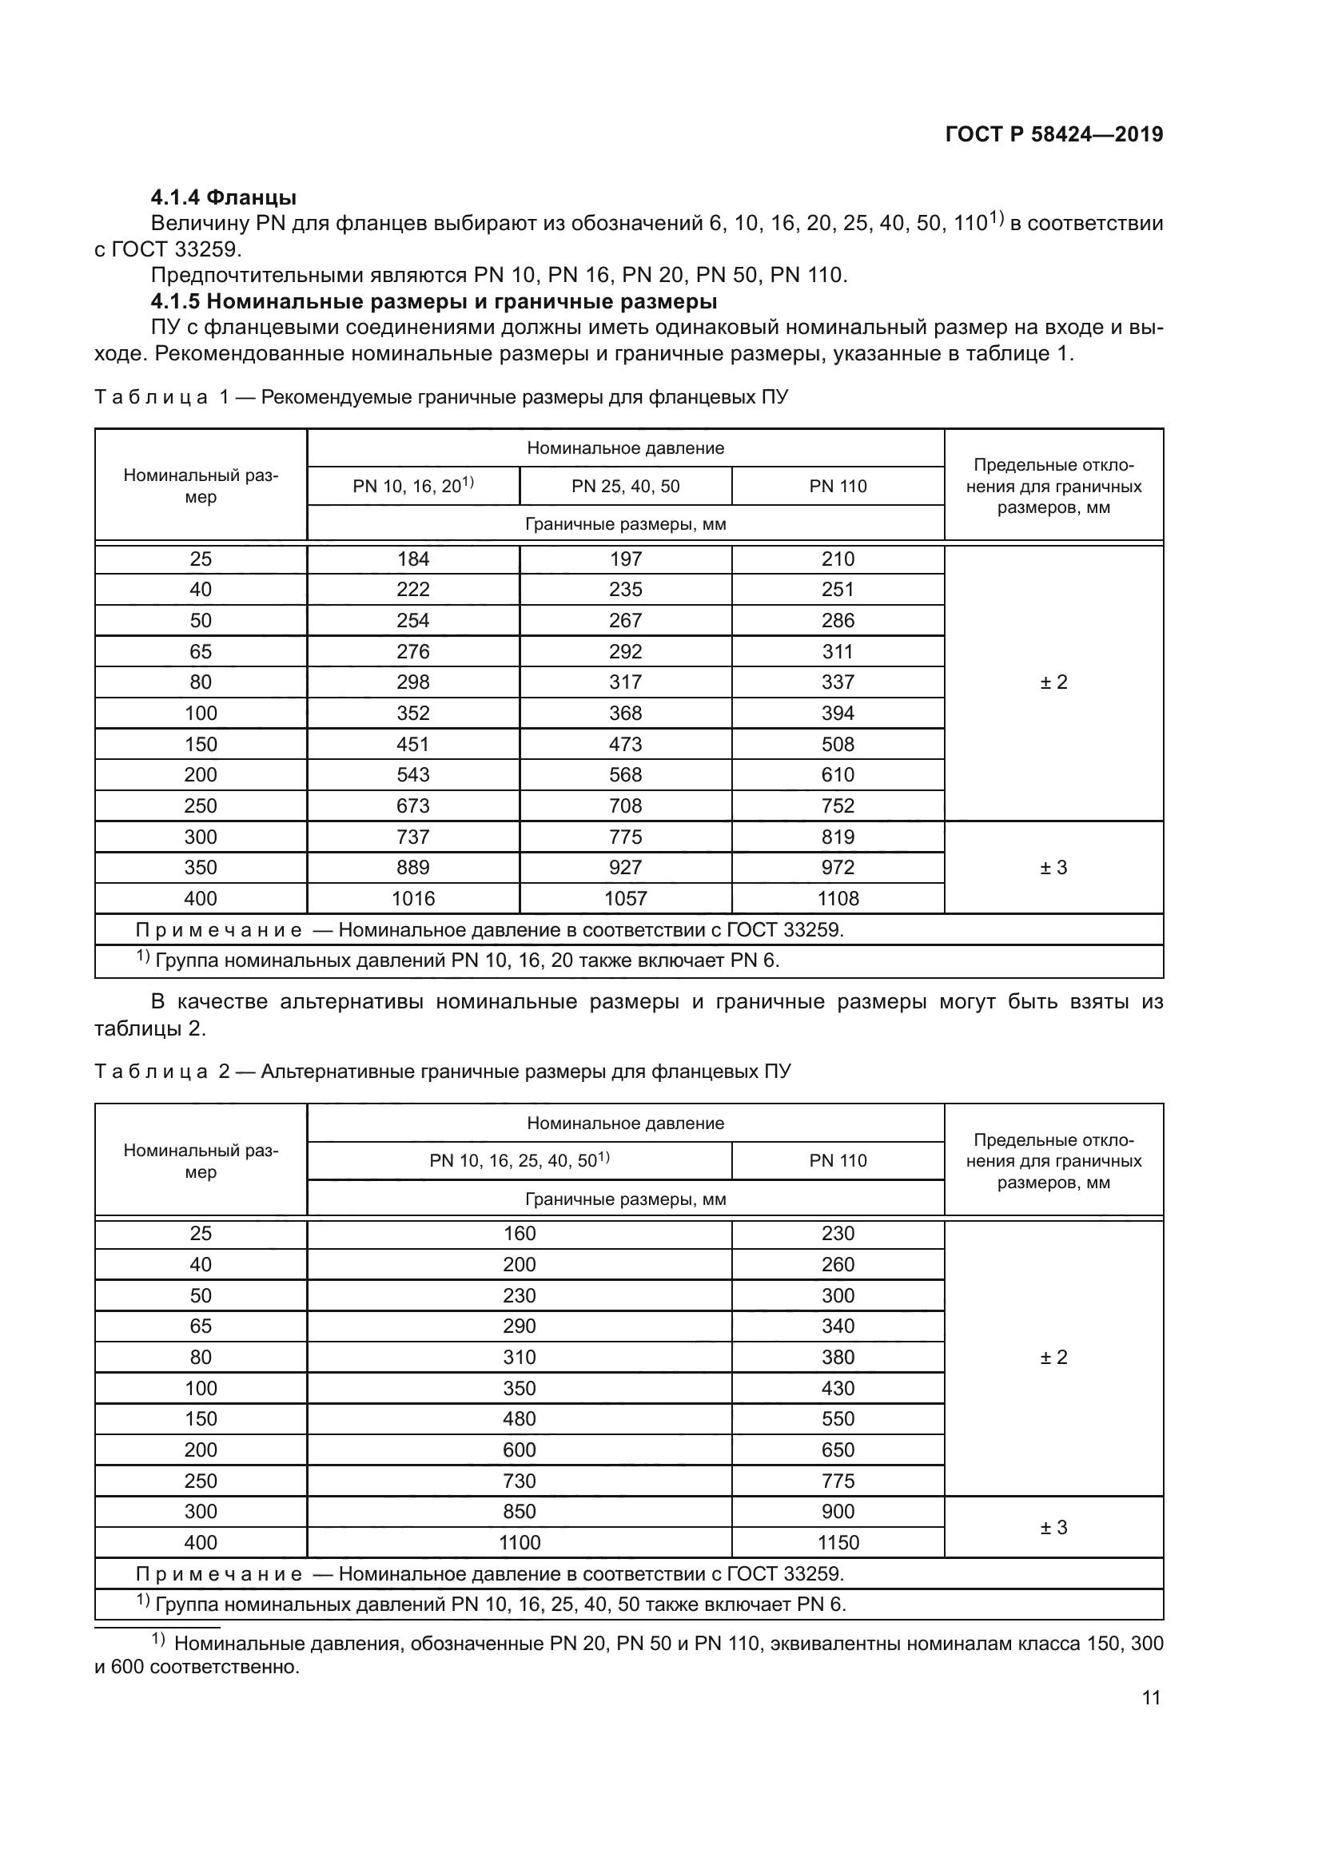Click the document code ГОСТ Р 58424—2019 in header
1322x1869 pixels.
click(x=1054, y=134)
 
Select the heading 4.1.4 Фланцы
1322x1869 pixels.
click(x=223, y=197)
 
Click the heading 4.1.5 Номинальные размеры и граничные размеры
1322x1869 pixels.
click(x=433, y=301)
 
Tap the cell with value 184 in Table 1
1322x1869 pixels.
click(x=412, y=559)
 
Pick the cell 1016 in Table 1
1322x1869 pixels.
click(x=412, y=899)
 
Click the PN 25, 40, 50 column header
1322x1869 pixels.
click(x=625, y=486)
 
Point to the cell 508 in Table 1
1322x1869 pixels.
click(x=838, y=744)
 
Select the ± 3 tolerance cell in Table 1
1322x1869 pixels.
click(x=1053, y=868)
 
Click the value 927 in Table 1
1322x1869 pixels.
click(x=625, y=868)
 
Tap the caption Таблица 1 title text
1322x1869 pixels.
click(x=441, y=397)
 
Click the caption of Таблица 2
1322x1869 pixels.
click(x=442, y=1072)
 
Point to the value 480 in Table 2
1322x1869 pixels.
click(x=520, y=1419)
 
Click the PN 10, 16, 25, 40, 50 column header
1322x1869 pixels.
click(x=520, y=1161)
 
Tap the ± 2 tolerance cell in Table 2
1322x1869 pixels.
click(x=1053, y=1357)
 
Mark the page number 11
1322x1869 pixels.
click(x=1150, y=1698)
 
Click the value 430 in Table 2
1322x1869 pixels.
click(x=838, y=1388)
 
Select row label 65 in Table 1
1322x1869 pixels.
click(x=201, y=651)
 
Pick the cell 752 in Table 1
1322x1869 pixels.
click(x=838, y=806)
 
